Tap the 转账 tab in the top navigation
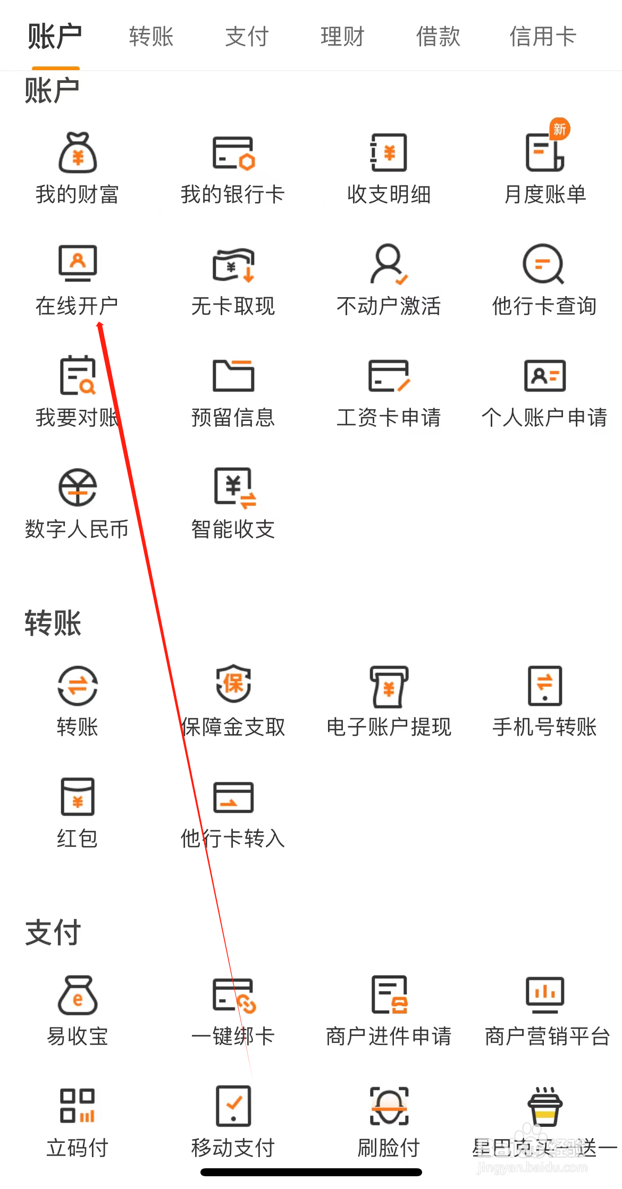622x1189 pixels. pos(152,37)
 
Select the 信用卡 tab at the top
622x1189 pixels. pos(543,37)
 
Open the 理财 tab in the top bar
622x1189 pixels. pos(342,37)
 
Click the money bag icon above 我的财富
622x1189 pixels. pos(78,153)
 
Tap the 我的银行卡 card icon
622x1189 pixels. pos(233,153)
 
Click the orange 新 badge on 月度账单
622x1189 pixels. pos(559,129)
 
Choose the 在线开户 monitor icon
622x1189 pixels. pos(78,264)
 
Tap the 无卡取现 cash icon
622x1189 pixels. pos(233,264)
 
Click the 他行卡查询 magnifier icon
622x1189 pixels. pos(543,264)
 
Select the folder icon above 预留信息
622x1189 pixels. pos(233,375)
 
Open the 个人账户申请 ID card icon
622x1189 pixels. pos(544,375)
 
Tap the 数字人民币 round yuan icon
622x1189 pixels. pos(78,487)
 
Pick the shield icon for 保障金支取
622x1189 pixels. pos(233,684)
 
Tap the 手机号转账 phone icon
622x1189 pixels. pos(544,685)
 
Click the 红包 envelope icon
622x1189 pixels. pos(78,796)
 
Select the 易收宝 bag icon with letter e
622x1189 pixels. pos(78,995)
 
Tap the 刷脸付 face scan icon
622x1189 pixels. pos(389,1106)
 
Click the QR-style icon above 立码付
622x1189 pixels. pos(78,1106)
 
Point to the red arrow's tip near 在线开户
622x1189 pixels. pos(100,324)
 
